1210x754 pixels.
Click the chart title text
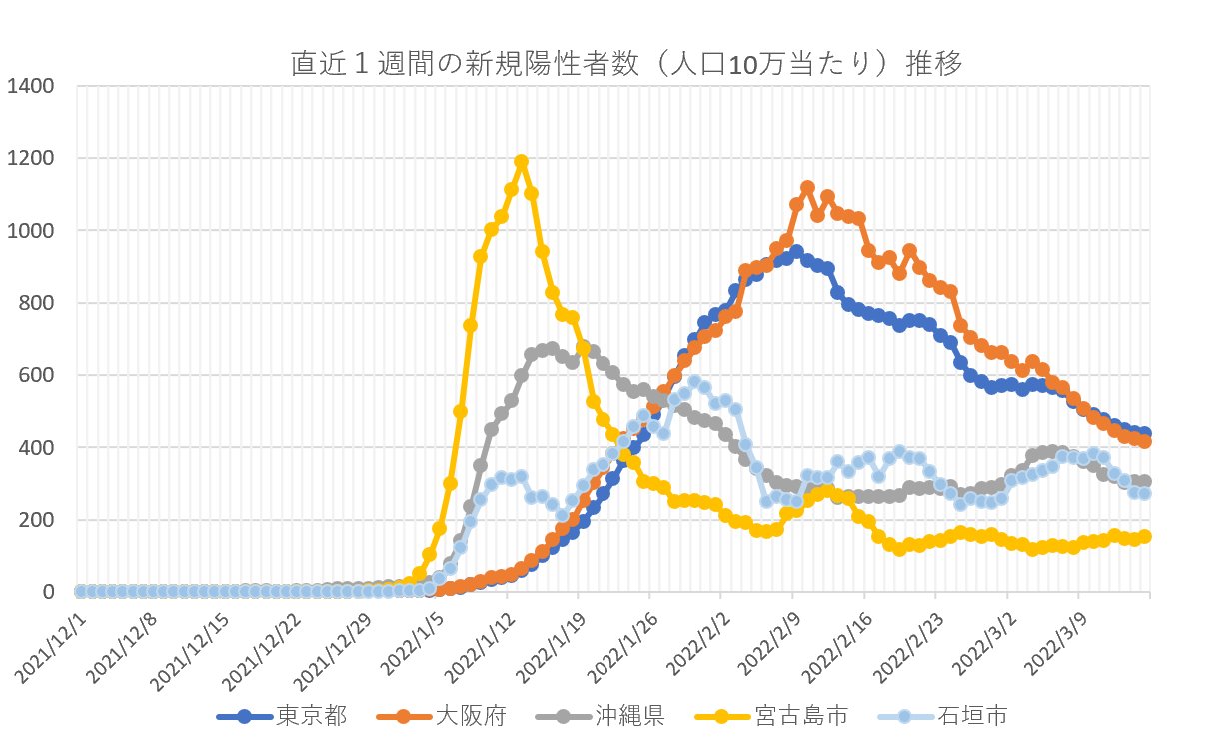pos(625,65)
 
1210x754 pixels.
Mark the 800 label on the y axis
pos(36,303)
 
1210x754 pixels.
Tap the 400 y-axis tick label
pos(36,447)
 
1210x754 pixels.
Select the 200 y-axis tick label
pos(36,520)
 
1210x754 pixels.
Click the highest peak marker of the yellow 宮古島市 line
pos(521,161)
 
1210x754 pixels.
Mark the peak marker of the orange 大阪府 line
pos(807,188)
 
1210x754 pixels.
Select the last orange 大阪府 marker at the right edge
pos(1145,441)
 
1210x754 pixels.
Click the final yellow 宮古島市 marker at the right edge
pos(1145,536)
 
